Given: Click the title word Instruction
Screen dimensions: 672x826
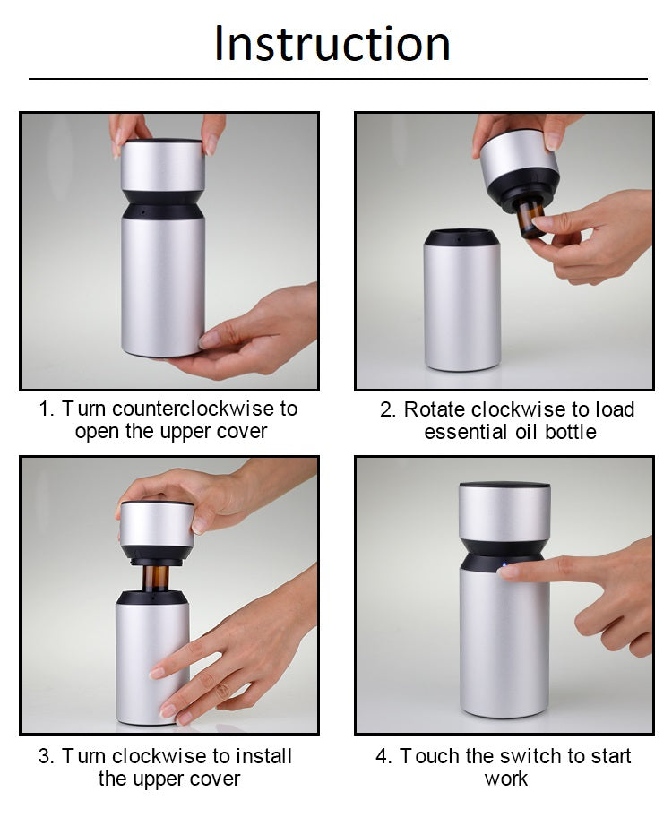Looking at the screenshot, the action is tap(332, 43).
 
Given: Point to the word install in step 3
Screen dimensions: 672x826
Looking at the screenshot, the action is tap(263, 756).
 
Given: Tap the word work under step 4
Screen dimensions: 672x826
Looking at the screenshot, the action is tap(506, 779).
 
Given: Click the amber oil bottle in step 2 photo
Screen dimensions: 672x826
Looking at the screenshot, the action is tap(531, 220).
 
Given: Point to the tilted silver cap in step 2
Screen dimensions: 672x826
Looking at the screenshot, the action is tap(519, 157).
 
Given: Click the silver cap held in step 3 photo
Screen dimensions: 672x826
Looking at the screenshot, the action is tap(157, 524).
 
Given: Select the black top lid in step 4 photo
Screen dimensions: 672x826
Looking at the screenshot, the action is tap(504, 484).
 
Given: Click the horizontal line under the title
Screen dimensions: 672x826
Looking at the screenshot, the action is tap(338, 79).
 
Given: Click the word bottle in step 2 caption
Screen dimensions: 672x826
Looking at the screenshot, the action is tap(570, 432).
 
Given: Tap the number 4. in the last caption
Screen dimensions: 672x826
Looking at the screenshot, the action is tap(383, 756).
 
